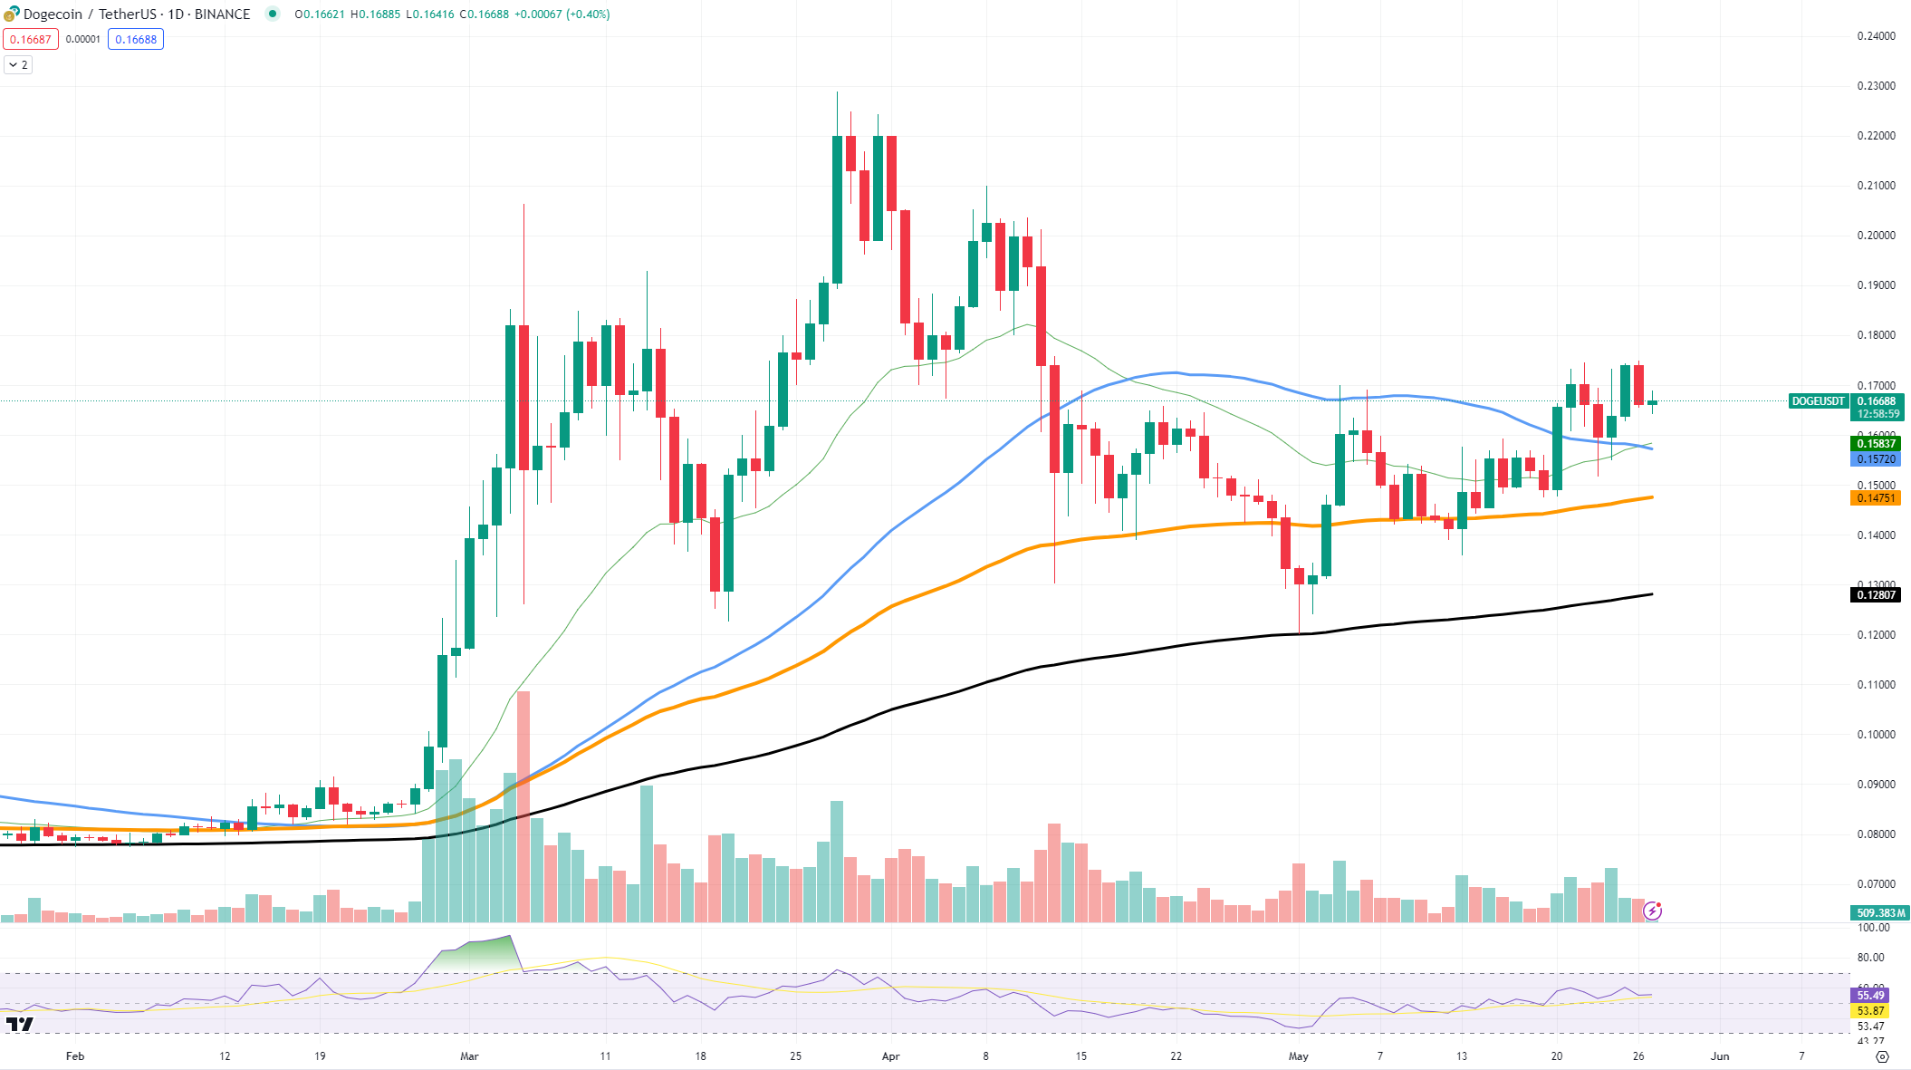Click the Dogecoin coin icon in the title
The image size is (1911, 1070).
coord(11,14)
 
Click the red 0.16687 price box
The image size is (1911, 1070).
coord(31,39)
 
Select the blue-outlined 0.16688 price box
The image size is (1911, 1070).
coord(136,39)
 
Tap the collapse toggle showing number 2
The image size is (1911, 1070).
coord(18,65)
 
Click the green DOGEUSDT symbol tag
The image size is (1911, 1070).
coord(1818,401)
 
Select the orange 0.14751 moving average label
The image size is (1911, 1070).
coord(1876,498)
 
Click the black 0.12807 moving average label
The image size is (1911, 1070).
coord(1876,595)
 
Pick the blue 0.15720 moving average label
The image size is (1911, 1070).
coord(1876,459)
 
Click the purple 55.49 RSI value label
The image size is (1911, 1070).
coord(1870,995)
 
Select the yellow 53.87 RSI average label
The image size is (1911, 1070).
coord(1870,1010)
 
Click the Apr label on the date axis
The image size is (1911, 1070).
coord(890,1056)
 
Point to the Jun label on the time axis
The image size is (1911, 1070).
coord(1719,1056)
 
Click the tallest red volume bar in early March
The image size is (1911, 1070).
coord(523,806)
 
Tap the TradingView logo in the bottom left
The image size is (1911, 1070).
coord(19,1025)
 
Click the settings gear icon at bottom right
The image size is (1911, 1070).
coord(1882,1056)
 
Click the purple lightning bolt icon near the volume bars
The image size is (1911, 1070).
coord(1652,911)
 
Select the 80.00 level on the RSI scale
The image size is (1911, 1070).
coord(1870,957)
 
